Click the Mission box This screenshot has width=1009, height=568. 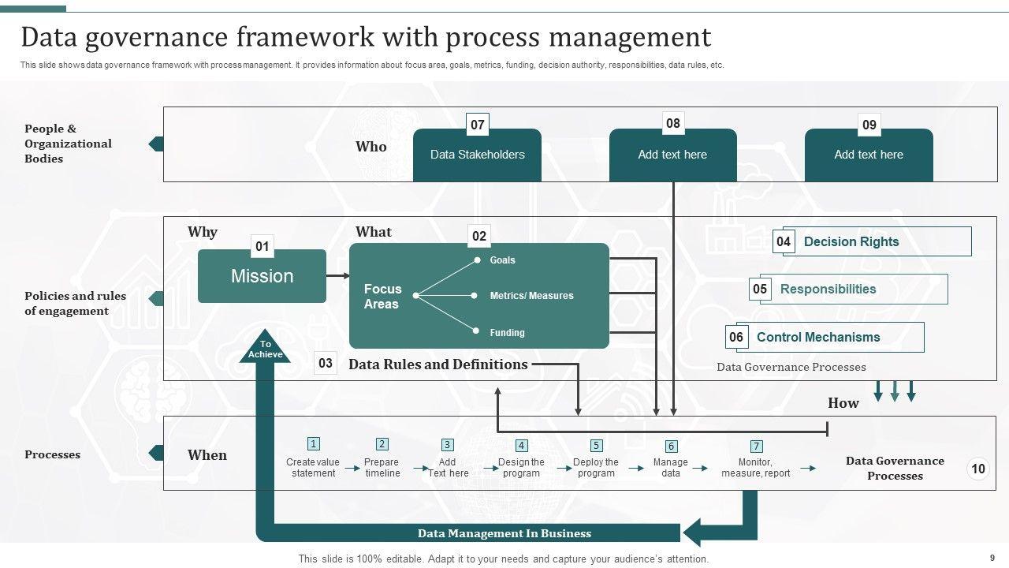click(262, 276)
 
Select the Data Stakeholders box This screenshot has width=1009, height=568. click(477, 155)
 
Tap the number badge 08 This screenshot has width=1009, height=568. click(672, 124)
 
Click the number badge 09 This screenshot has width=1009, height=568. click(869, 125)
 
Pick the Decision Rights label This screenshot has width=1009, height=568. click(851, 242)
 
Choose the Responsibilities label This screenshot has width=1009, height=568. click(828, 290)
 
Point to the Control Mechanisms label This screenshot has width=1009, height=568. click(818, 338)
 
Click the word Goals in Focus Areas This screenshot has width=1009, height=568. click(502, 260)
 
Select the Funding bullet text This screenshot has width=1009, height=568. click(507, 333)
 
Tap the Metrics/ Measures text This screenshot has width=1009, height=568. click(531, 296)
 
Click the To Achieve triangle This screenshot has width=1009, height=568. click(265, 349)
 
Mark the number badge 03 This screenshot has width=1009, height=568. click(326, 364)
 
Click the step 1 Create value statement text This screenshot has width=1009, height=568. click(313, 468)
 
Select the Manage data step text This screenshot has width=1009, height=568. click(671, 468)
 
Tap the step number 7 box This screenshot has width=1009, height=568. click(756, 447)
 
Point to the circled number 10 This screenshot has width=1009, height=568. click(977, 469)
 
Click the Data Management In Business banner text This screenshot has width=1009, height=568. click(504, 533)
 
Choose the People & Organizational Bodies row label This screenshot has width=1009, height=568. click(68, 144)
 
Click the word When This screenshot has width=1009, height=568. click(207, 455)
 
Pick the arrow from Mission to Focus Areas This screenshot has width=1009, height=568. click(338, 276)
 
